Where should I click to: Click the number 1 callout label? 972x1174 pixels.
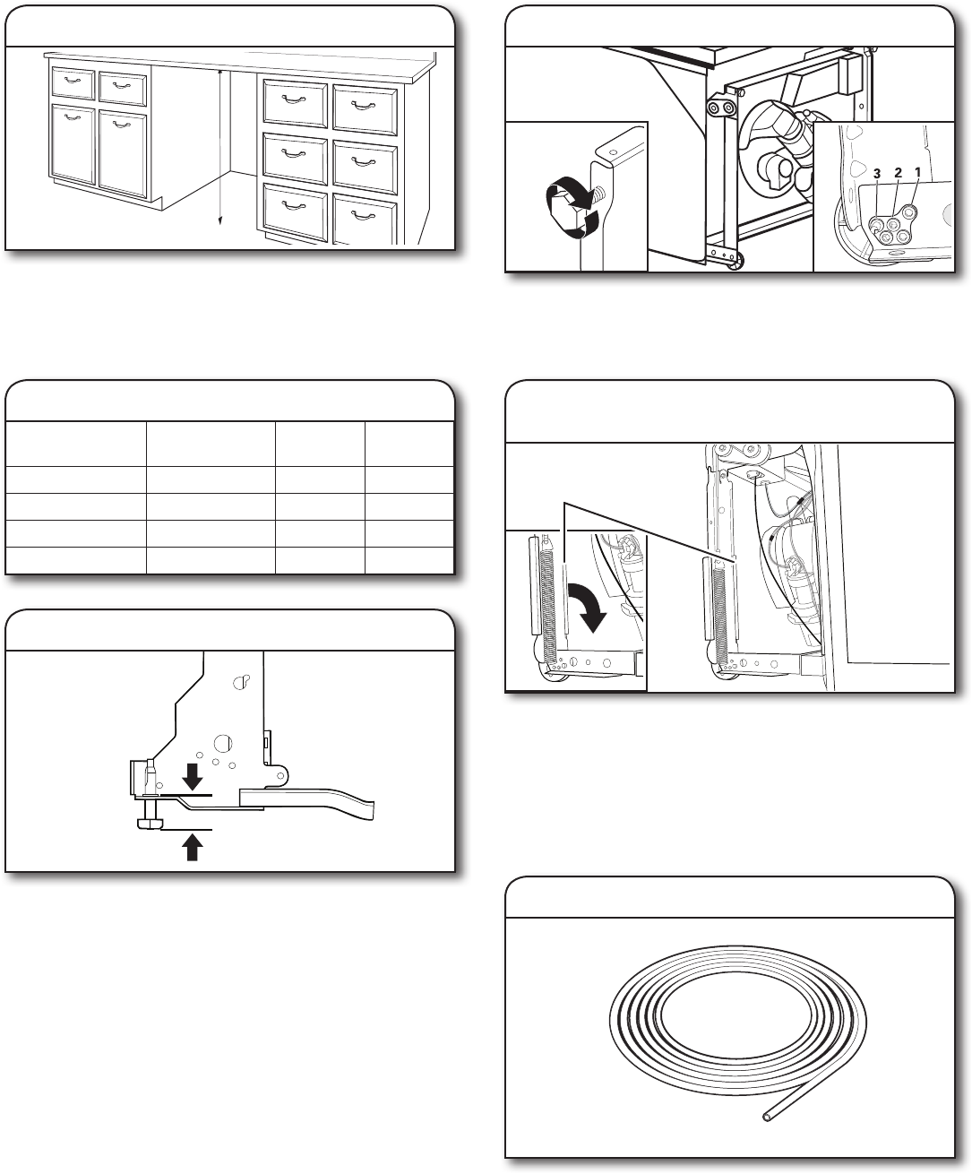(918, 170)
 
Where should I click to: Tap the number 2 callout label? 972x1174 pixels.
(898, 170)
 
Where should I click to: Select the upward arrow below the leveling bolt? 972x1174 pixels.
(191, 845)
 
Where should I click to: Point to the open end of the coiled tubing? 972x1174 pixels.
(766, 1116)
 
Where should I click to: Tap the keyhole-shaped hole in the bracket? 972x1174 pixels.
(240, 682)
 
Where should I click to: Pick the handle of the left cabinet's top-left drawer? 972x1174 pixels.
(73, 82)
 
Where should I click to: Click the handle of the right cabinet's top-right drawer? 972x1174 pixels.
(364, 107)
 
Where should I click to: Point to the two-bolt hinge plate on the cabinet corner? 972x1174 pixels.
(718, 107)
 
